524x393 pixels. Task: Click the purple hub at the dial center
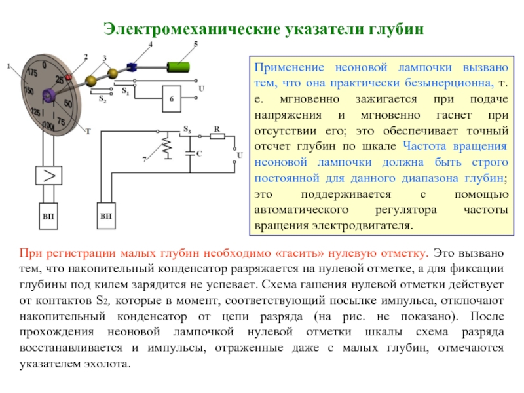pyautogui.click(x=47, y=96)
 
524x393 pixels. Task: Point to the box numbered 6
pyautogui.click(x=172, y=98)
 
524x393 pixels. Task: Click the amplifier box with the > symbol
pyautogui.click(x=48, y=176)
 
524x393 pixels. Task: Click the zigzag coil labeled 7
pyautogui.click(x=166, y=148)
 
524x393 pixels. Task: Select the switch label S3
pyautogui.click(x=187, y=127)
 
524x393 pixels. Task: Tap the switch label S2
pyautogui.click(x=102, y=100)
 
